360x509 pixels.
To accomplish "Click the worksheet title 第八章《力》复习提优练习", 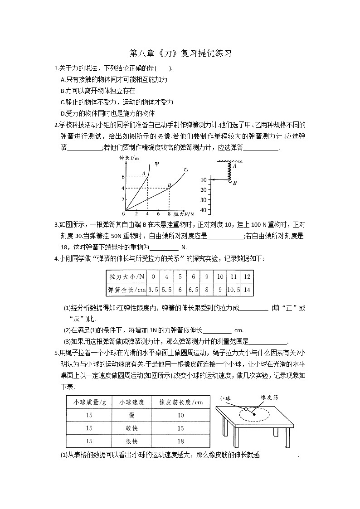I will (x=180, y=53).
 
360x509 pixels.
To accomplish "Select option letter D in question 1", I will (x=63, y=114).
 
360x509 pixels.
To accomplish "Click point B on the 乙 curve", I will (x=169, y=185).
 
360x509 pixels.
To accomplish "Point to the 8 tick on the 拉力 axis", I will (x=169, y=213).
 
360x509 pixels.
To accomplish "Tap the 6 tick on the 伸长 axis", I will (x=122, y=177).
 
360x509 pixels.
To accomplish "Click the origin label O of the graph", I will (x=123, y=213).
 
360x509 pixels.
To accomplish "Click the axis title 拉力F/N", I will (x=185, y=213).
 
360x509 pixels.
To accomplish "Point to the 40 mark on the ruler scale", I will (x=203, y=209).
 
